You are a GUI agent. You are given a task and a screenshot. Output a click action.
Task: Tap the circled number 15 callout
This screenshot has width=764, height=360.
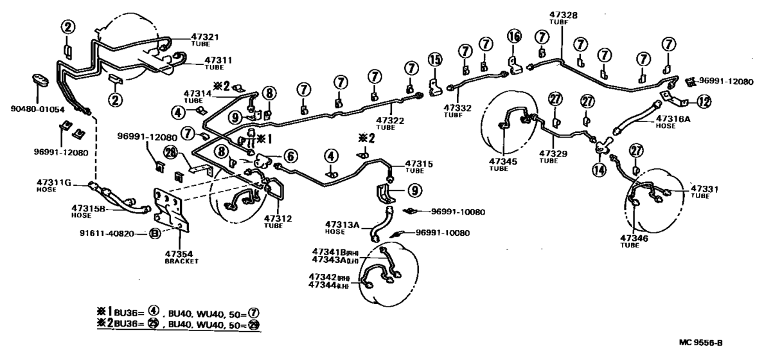[x=435, y=60]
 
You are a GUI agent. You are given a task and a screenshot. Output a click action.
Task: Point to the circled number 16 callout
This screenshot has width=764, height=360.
[x=513, y=36]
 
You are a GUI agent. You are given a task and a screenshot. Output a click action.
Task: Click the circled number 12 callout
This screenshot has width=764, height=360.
[x=704, y=101]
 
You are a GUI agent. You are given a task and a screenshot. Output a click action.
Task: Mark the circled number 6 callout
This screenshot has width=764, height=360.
[x=290, y=156]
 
